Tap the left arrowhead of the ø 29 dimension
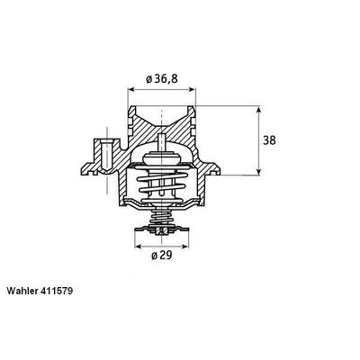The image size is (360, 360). (x=138, y=244)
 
